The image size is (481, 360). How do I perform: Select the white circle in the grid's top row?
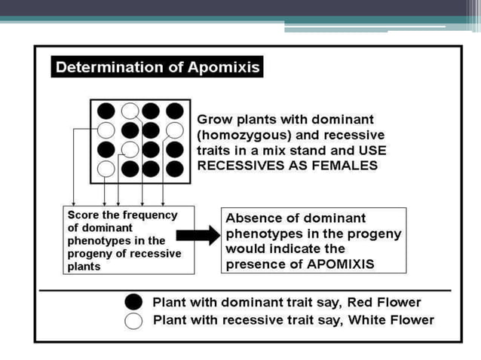pos(130,111)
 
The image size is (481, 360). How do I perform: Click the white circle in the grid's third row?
pos(130,148)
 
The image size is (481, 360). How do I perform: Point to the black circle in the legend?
pos(133,302)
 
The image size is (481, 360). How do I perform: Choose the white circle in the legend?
pos(133,321)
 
